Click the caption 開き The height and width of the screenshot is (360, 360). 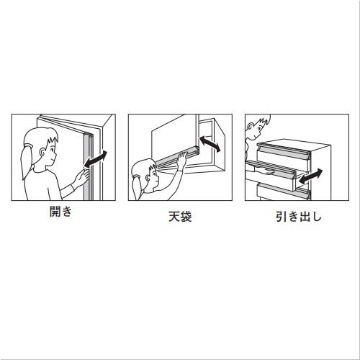(60, 212)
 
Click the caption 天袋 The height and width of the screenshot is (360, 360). (180, 217)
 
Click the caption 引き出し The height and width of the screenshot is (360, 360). (299, 217)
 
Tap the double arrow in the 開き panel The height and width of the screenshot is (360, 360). (96, 159)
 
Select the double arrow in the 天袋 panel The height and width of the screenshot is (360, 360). (210, 144)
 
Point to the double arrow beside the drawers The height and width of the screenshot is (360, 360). (311, 176)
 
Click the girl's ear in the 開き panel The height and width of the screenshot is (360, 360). (42, 152)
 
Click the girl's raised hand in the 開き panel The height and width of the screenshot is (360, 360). (81, 178)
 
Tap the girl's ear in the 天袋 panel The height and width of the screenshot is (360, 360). (148, 179)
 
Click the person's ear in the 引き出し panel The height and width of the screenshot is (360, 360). (251, 127)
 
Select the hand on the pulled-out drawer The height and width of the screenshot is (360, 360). (266, 171)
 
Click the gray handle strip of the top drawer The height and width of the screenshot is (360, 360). (283, 153)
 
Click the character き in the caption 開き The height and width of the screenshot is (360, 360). (67, 212)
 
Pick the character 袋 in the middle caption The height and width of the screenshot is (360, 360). (186, 217)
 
